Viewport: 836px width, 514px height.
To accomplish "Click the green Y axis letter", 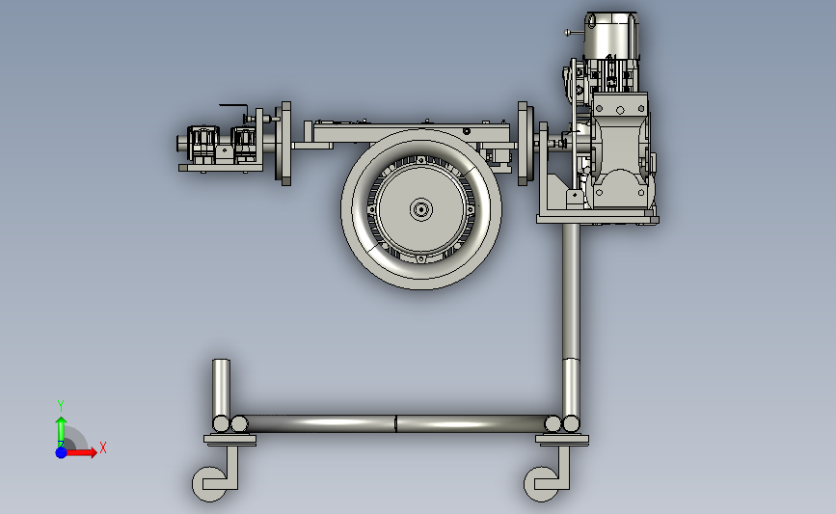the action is click(60, 406).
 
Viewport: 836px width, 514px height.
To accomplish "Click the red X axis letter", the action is click(103, 447).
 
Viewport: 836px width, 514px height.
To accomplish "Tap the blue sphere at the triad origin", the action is click(62, 452).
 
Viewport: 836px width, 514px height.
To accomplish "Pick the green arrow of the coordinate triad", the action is click(62, 432).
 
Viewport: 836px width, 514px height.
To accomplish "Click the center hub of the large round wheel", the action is click(421, 209).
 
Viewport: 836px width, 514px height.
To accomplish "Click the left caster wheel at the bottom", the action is click(208, 484).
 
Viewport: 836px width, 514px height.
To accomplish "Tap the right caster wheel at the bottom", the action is click(540, 484).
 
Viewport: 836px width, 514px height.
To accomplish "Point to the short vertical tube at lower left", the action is click(221, 388).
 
